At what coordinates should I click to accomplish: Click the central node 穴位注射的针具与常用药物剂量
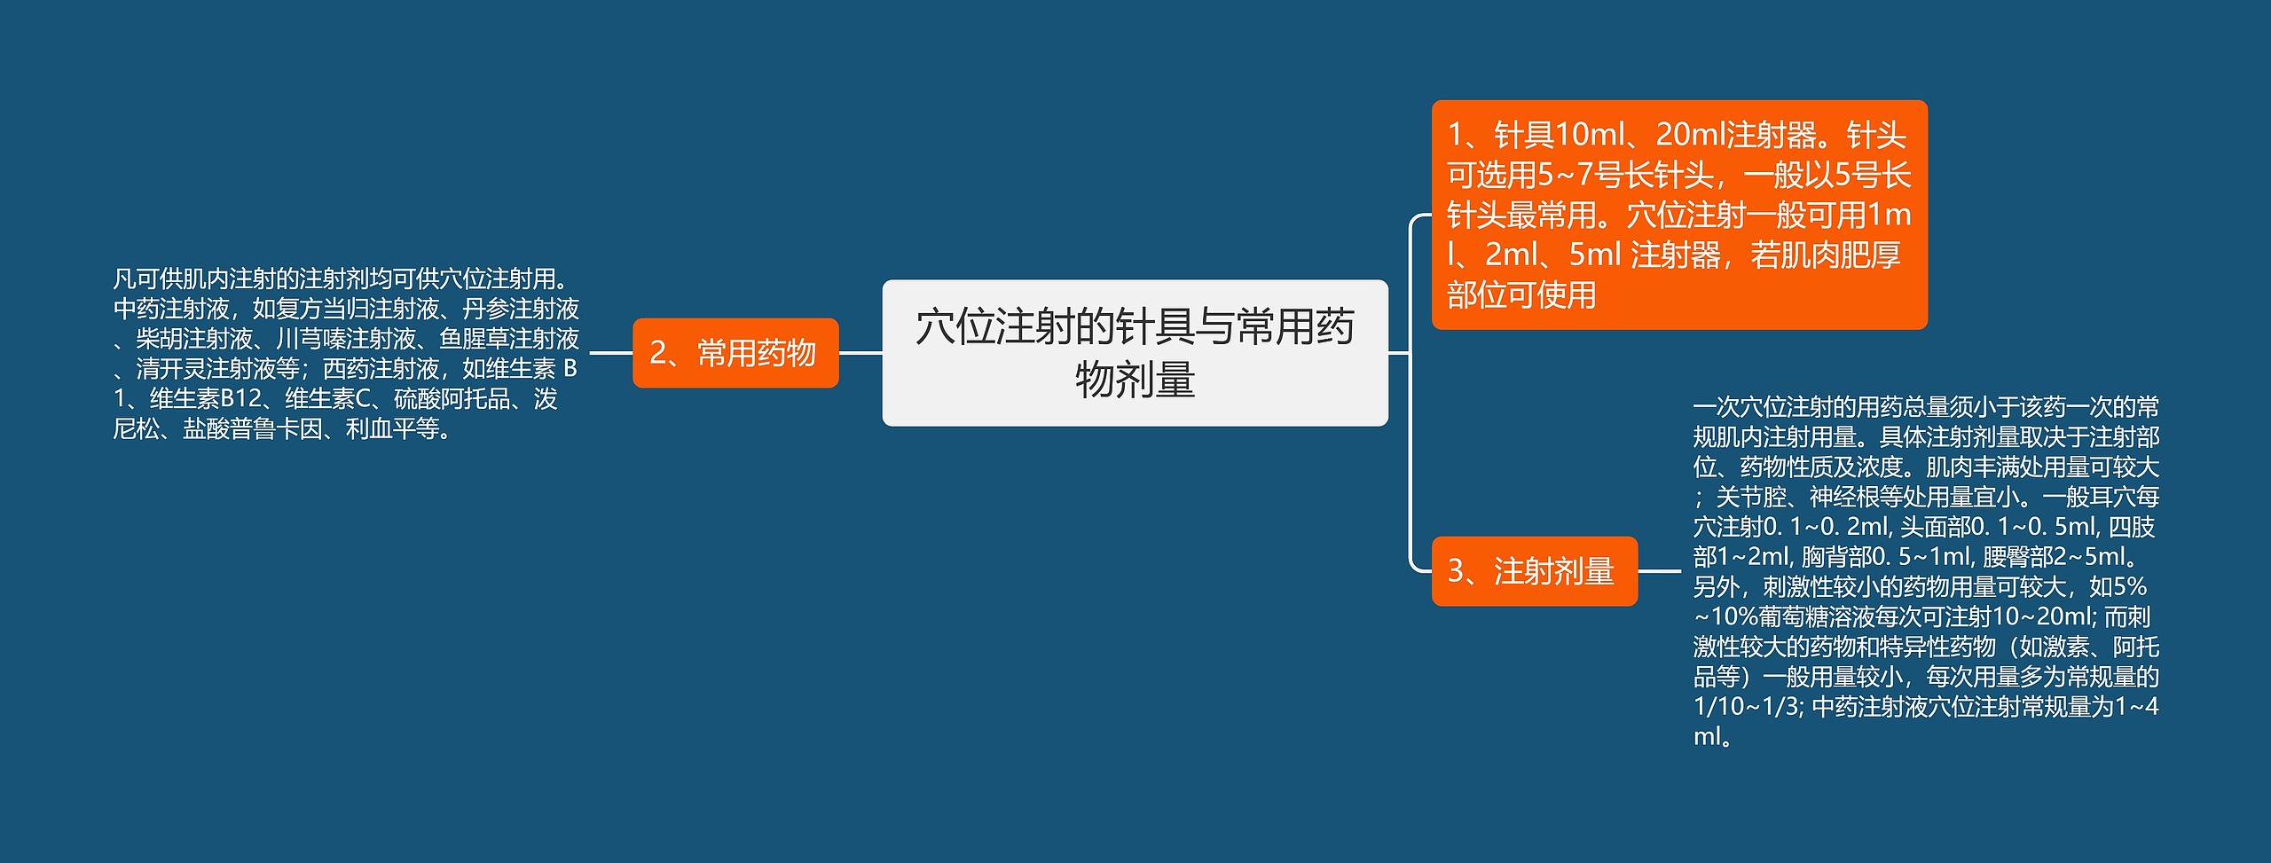click(1135, 353)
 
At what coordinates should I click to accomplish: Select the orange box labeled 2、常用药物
click(735, 353)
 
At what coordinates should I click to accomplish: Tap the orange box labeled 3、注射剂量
click(1535, 571)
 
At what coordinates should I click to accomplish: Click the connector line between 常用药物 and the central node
click(860, 353)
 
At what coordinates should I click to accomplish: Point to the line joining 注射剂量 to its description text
click(1660, 571)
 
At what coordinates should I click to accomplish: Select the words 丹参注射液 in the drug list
click(521, 309)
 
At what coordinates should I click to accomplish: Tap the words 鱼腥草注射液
click(509, 339)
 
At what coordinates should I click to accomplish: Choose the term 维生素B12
click(206, 399)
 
